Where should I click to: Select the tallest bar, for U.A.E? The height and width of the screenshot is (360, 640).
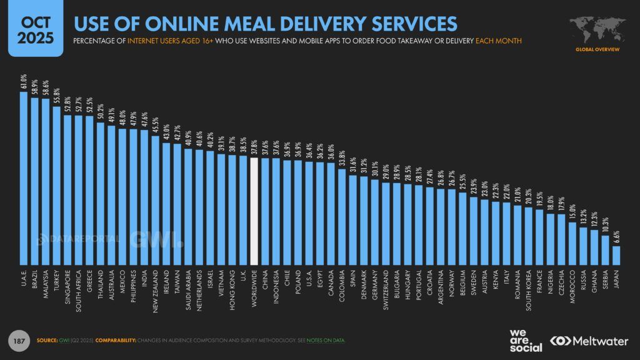coord(24,179)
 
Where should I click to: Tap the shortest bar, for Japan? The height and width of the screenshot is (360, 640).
coord(616,256)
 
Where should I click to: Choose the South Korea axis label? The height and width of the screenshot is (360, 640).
coord(528,287)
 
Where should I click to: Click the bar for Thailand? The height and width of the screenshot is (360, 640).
coord(100,194)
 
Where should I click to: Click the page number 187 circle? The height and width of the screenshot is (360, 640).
coord(19,341)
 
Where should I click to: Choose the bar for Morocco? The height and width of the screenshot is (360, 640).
coord(572,244)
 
